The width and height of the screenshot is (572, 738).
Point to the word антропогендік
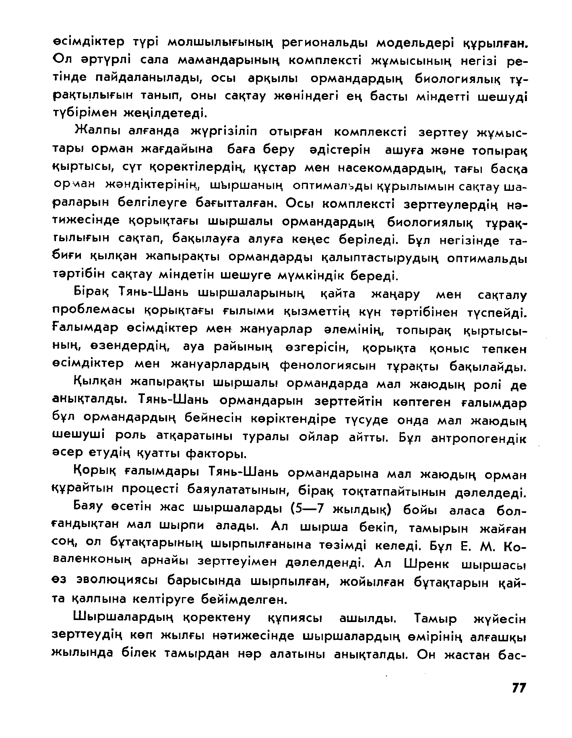pos(478,438)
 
